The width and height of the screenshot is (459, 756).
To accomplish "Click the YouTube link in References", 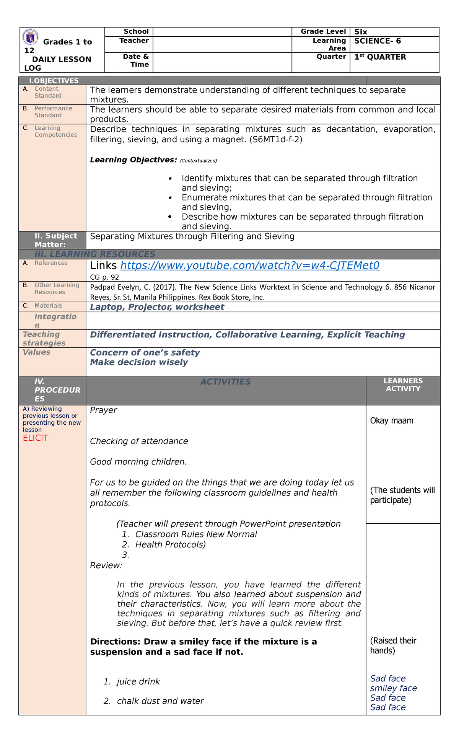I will click(x=250, y=266).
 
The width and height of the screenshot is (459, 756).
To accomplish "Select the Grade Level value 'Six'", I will click(x=361, y=32).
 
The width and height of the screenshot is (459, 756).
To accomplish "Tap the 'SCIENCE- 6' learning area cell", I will click(x=378, y=41).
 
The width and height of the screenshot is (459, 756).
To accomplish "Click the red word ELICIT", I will click(x=36, y=438).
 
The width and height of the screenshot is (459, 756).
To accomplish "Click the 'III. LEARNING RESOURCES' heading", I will click(x=95, y=254).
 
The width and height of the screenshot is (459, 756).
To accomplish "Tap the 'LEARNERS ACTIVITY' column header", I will click(x=403, y=385).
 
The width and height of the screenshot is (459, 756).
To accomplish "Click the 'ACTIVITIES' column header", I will click(x=226, y=382).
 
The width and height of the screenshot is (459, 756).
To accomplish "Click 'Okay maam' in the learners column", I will click(x=392, y=421).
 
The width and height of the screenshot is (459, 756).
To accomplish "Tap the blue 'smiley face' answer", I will click(x=393, y=688).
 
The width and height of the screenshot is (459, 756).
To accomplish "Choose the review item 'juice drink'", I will click(x=138, y=682).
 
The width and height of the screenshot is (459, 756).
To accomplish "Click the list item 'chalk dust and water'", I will click(x=160, y=701).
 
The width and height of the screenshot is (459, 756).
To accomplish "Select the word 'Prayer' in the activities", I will click(x=103, y=410).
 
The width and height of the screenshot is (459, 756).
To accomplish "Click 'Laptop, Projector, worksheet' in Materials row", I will click(x=157, y=307).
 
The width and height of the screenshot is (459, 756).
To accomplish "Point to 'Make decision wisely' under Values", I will click(x=139, y=362).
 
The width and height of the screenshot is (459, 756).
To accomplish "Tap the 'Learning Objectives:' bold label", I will click(x=133, y=160).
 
